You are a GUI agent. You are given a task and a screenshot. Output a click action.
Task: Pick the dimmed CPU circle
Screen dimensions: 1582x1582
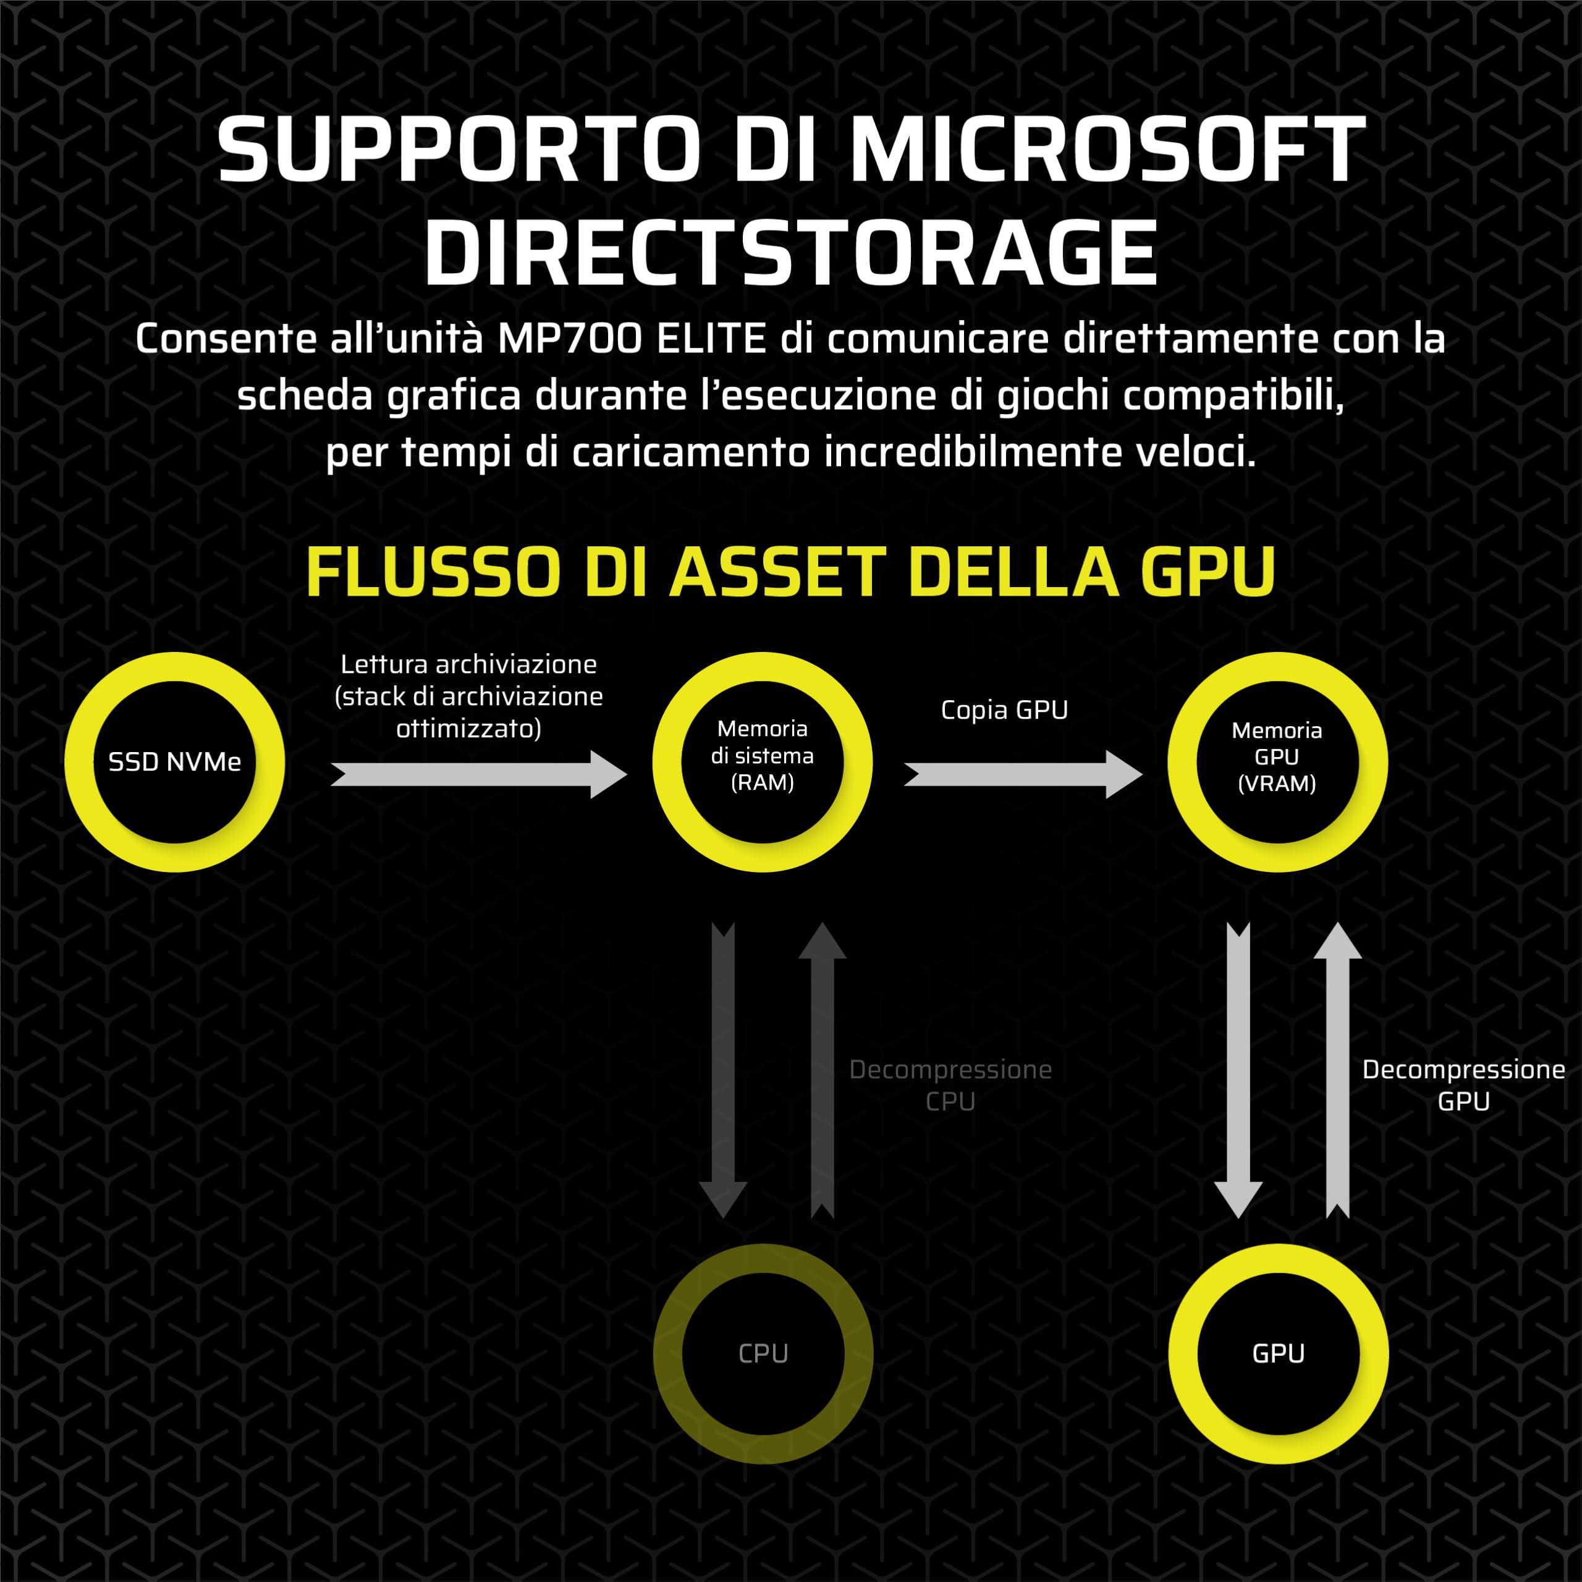click(763, 1353)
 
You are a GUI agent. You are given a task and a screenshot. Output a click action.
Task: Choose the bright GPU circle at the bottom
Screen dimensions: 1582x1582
click(1278, 1353)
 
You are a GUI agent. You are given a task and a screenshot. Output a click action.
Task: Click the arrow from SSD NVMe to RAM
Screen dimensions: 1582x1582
click(479, 774)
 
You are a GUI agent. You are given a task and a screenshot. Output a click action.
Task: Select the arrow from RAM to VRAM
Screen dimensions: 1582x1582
click(1023, 774)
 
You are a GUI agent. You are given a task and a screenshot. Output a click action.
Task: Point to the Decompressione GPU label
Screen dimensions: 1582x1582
click(1463, 1085)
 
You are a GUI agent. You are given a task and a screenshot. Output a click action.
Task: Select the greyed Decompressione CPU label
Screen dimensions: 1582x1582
click(950, 1085)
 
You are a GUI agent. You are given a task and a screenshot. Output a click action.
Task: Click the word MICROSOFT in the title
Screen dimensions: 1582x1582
click(1107, 149)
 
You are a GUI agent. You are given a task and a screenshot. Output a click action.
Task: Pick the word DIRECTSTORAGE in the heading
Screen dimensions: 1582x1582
click(790, 252)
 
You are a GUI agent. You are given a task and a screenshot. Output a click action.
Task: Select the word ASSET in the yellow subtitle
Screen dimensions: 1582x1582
click(778, 572)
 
